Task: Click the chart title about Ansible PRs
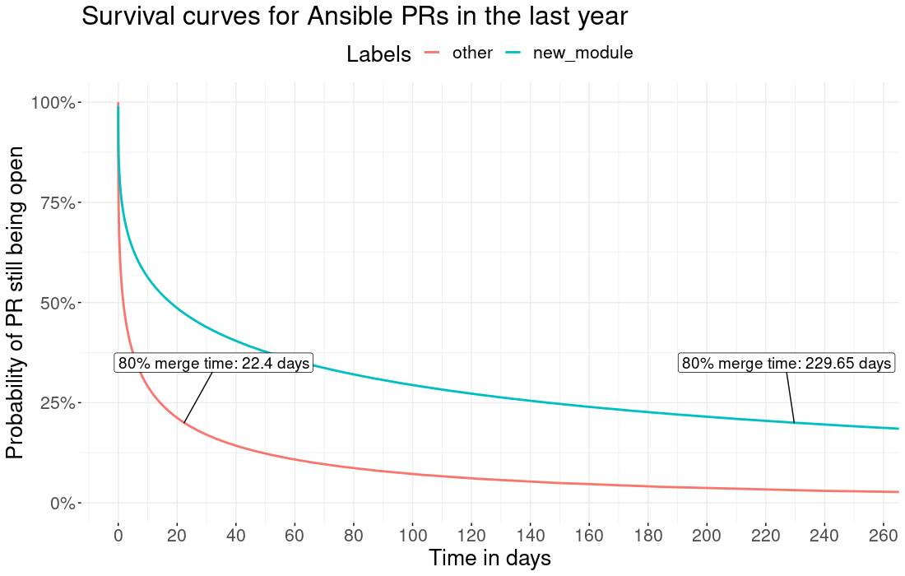point(355,16)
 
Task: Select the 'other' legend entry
point(472,53)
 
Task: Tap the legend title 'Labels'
point(378,54)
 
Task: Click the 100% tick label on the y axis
point(53,103)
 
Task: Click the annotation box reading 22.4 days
point(214,363)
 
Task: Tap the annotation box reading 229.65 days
point(787,363)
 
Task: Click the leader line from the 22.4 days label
point(198,397)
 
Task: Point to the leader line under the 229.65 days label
point(791,397)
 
